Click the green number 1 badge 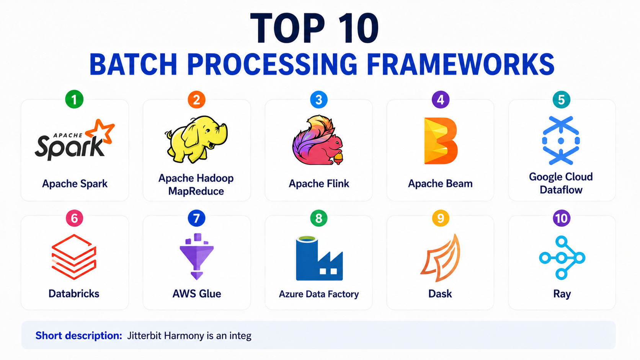pyautogui.click(x=74, y=99)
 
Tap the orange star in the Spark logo pyautogui.click(x=101, y=131)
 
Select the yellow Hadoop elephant pyautogui.click(x=196, y=139)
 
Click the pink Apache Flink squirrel pyautogui.click(x=318, y=140)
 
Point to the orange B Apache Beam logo pyautogui.click(x=441, y=141)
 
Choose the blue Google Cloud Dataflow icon pyautogui.click(x=561, y=140)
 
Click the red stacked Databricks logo pyautogui.click(x=74, y=257)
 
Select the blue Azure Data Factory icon pyautogui.click(x=319, y=258)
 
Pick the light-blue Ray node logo pyautogui.click(x=562, y=258)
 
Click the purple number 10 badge pyautogui.click(x=562, y=218)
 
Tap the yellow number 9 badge pyautogui.click(x=441, y=218)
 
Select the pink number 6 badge pyautogui.click(x=74, y=218)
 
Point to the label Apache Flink pyautogui.click(x=319, y=184)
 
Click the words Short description pyautogui.click(x=79, y=336)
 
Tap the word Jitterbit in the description pyautogui.click(x=144, y=336)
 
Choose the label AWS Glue pyautogui.click(x=197, y=294)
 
